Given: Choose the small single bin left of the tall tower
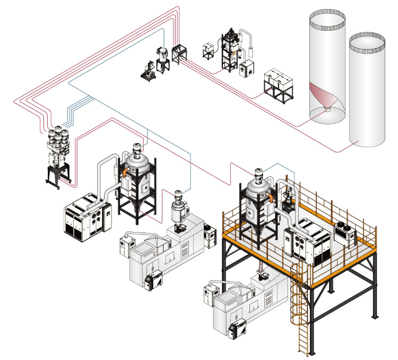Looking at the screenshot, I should (x=208, y=51).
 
